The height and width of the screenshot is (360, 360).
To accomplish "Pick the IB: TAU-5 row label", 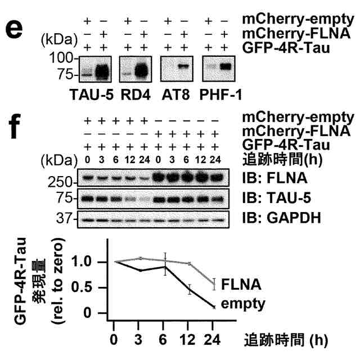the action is click(274, 200).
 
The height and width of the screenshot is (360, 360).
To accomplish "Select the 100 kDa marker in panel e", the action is click(64, 58).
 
